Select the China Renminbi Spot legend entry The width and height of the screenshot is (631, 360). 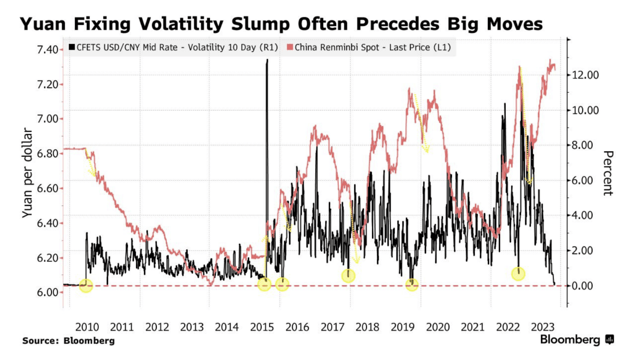point(369,47)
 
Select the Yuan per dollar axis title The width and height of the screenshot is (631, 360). point(28,173)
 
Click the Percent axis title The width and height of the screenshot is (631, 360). point(608,173)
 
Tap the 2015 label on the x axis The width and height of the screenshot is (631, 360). point(262,327)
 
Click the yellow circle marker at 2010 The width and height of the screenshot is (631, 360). point(86,285)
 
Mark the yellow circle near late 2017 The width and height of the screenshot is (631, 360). point(348,275)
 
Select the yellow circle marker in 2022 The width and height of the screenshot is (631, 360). point(518,274)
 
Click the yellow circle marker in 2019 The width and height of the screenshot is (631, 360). point(412,285)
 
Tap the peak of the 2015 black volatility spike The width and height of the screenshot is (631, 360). point(267,60)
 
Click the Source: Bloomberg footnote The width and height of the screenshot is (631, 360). point(68,340)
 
